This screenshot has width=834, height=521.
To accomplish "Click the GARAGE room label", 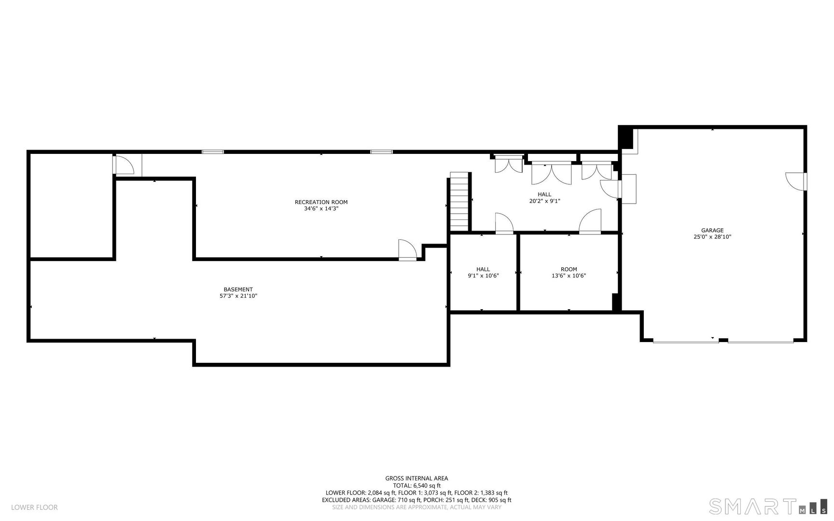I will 712,231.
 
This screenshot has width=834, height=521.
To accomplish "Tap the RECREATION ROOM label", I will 321,202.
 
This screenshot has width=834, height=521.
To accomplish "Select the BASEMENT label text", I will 238,289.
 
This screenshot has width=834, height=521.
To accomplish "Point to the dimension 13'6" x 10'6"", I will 569,276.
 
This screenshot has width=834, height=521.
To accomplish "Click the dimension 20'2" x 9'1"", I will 544,201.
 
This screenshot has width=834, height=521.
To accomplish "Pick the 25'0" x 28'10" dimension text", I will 712,237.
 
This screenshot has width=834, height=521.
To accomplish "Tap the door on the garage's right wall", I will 797,181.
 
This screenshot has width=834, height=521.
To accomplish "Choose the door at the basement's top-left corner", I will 125,165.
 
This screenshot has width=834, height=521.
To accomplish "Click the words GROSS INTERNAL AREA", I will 417,479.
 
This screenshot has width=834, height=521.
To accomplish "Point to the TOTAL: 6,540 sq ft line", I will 417,486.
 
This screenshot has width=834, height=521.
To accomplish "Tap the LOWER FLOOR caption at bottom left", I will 34,507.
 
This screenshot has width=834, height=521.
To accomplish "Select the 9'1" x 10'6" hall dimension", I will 483,276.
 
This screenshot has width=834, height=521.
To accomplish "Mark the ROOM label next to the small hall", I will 569,269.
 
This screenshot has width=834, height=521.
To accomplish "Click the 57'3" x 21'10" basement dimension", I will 238,296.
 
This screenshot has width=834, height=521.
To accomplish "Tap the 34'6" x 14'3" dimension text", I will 321,209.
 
